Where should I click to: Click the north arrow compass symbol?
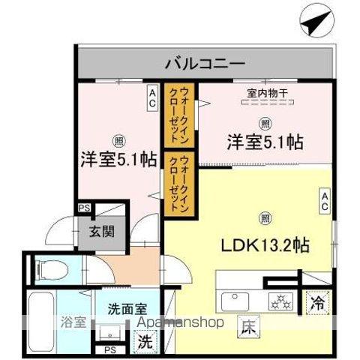(315, 21)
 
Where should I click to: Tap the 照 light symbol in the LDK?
(264, 218)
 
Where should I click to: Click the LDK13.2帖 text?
(265, 244)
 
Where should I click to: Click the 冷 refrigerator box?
(318, 304)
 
